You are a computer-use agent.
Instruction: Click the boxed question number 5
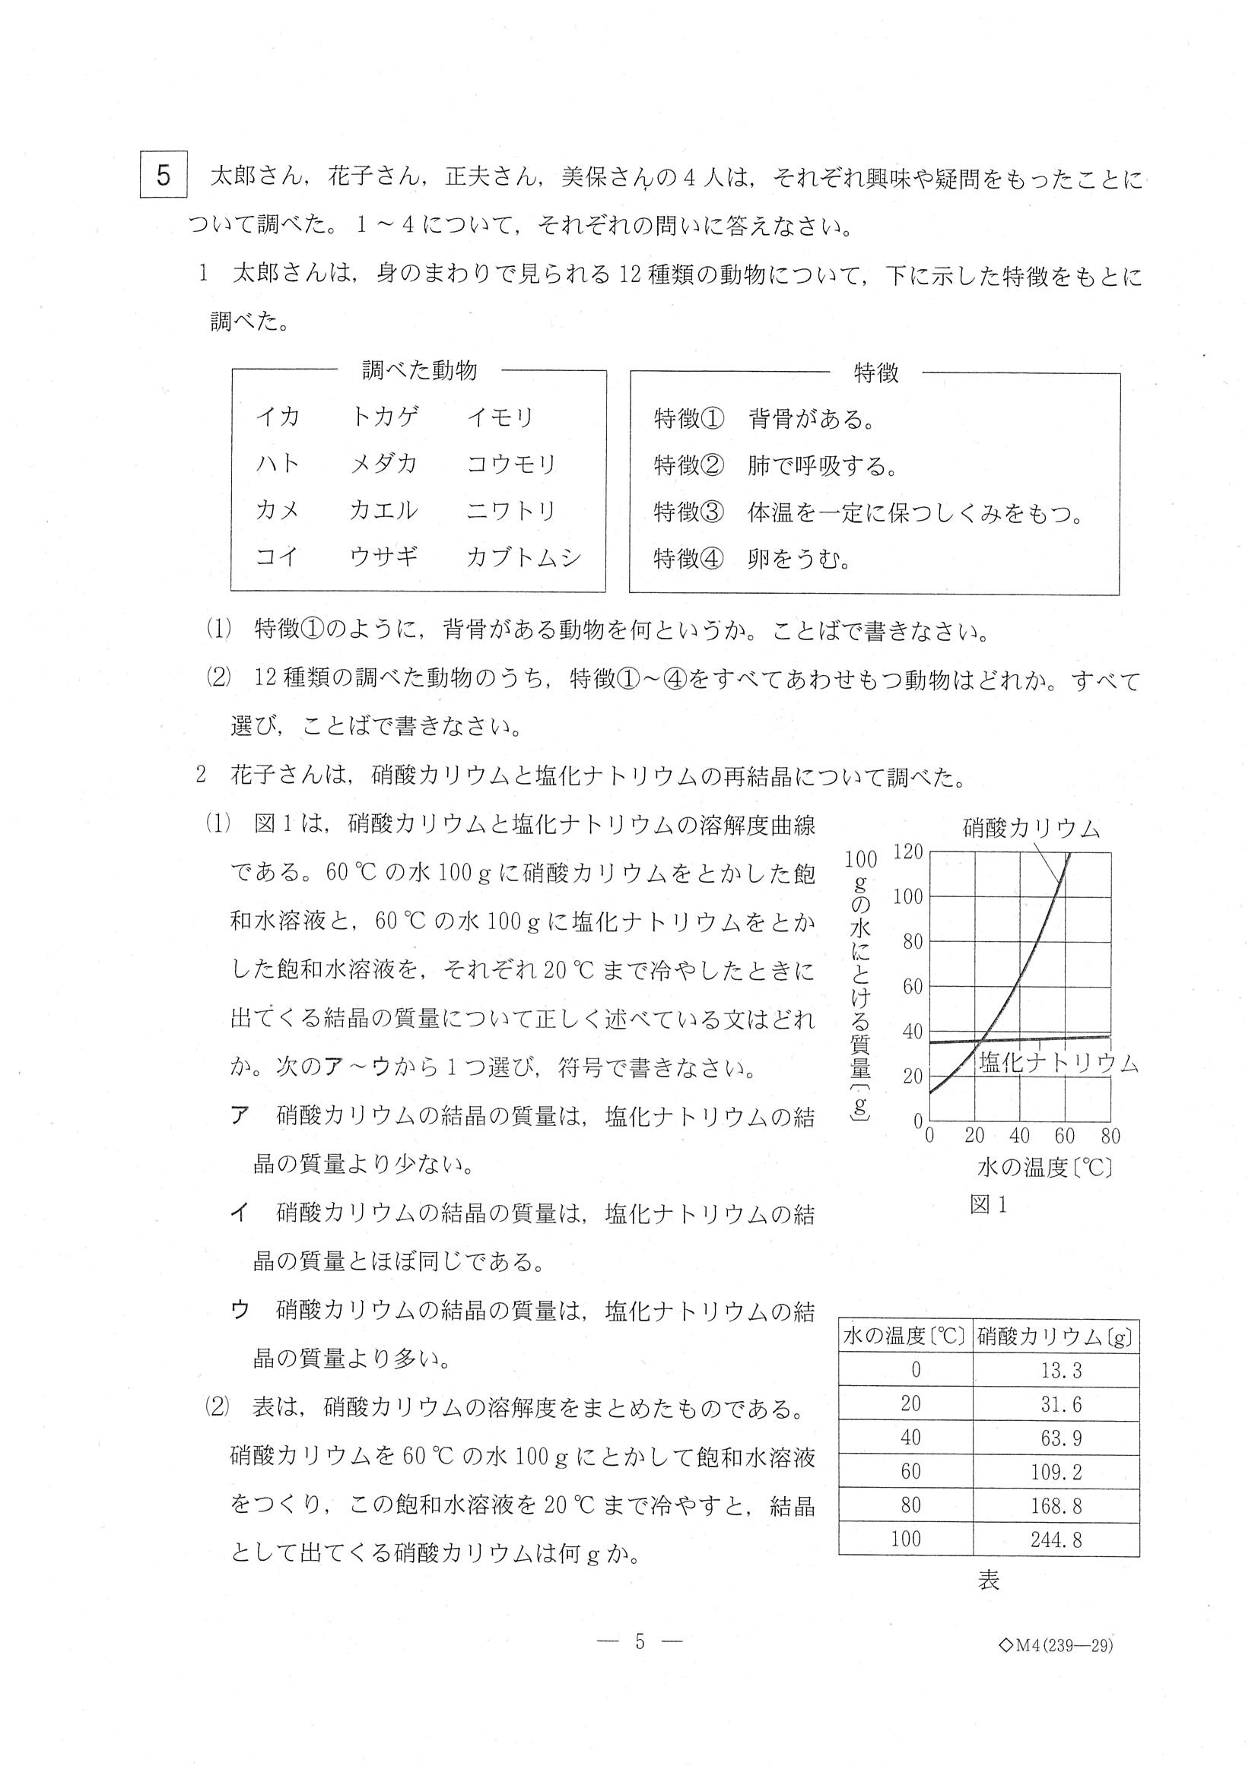pyautogui.click(x=163, y=176)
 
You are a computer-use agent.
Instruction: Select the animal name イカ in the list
pyautogui.click(x=278, y=417)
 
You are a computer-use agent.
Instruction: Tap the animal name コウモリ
pyautogui.click(x=512, y=464)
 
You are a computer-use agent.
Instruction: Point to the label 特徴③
pyautogui.click(x=688, y=512)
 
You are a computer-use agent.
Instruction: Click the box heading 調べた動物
pyautogui.click(x=419, y=371)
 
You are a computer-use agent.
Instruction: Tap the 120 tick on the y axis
pyautogui.click(x=907, y=852)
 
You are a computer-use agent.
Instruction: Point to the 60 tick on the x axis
pyautogui.click(x=1064, y=1137)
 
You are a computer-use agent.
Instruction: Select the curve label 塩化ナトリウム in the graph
pyautogui.click(x=1059, y=1063)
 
